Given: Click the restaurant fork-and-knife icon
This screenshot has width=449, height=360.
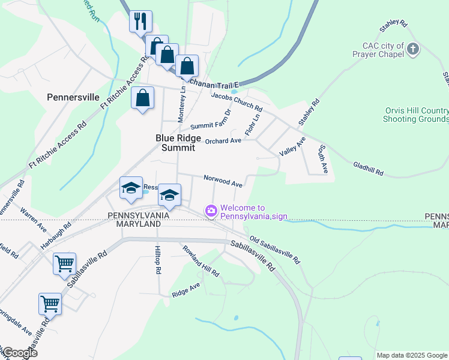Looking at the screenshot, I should [140, 22].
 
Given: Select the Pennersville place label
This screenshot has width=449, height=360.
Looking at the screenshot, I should [73, 97].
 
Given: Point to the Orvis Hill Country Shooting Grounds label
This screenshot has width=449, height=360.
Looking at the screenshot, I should [415, 115].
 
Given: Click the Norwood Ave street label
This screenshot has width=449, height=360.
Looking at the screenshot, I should [223, 179].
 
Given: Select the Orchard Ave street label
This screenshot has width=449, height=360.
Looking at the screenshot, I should [223, 141].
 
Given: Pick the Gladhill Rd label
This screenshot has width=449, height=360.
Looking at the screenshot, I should [368, 168].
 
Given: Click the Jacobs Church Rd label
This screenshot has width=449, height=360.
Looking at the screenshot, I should [237, 100].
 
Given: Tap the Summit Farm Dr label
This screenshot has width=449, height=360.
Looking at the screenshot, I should [211, 119].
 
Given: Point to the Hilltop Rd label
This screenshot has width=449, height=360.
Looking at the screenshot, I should [158, 259].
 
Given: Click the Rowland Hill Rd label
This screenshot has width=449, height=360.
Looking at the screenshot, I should [201, 261].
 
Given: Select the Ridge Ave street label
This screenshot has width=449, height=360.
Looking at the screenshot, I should [185, 291].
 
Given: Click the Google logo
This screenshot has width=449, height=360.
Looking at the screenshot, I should [19, 353].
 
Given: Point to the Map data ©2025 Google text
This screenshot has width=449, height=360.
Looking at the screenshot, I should [411, 355].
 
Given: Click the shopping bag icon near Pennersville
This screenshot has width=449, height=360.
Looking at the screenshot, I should [143, 98].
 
